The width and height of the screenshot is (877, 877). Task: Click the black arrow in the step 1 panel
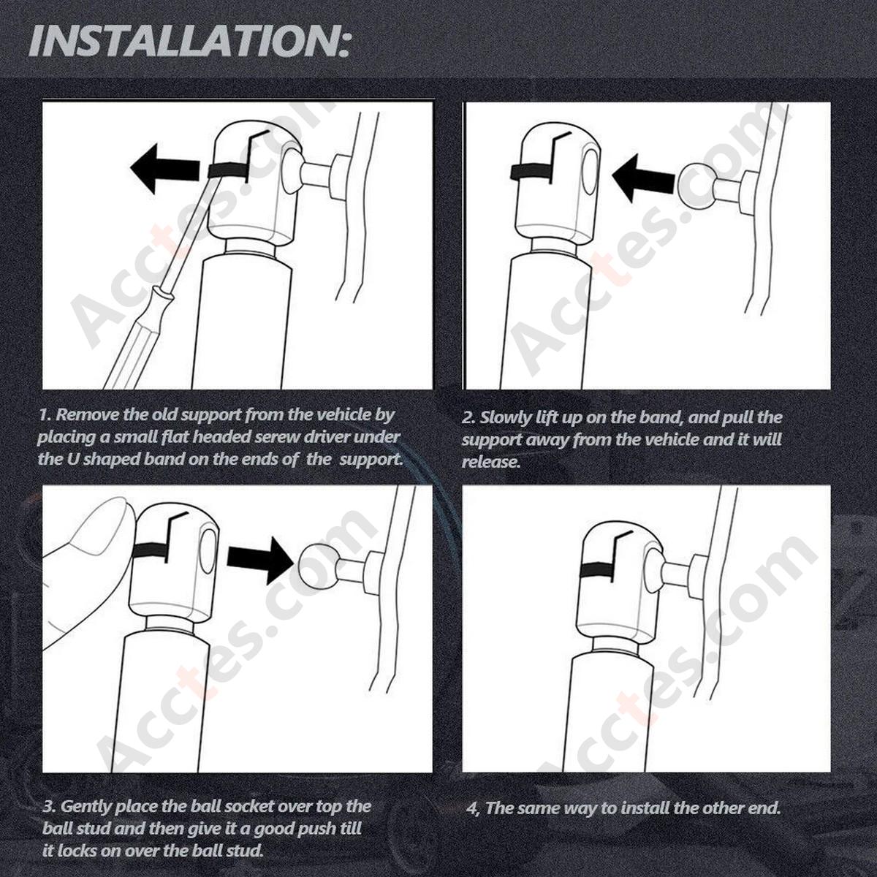pyautogui.click(x=164, y=168)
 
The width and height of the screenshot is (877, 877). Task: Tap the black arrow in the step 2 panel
pyautogui.click(x=642, y=178)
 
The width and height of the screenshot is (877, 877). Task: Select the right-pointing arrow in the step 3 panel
pyautogui.click(x=260, y=560)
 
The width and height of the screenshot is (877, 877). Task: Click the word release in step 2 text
pyautogui.click(x=490, y=461)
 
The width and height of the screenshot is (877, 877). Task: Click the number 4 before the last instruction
pyautogui.click(x=473, y=809)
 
